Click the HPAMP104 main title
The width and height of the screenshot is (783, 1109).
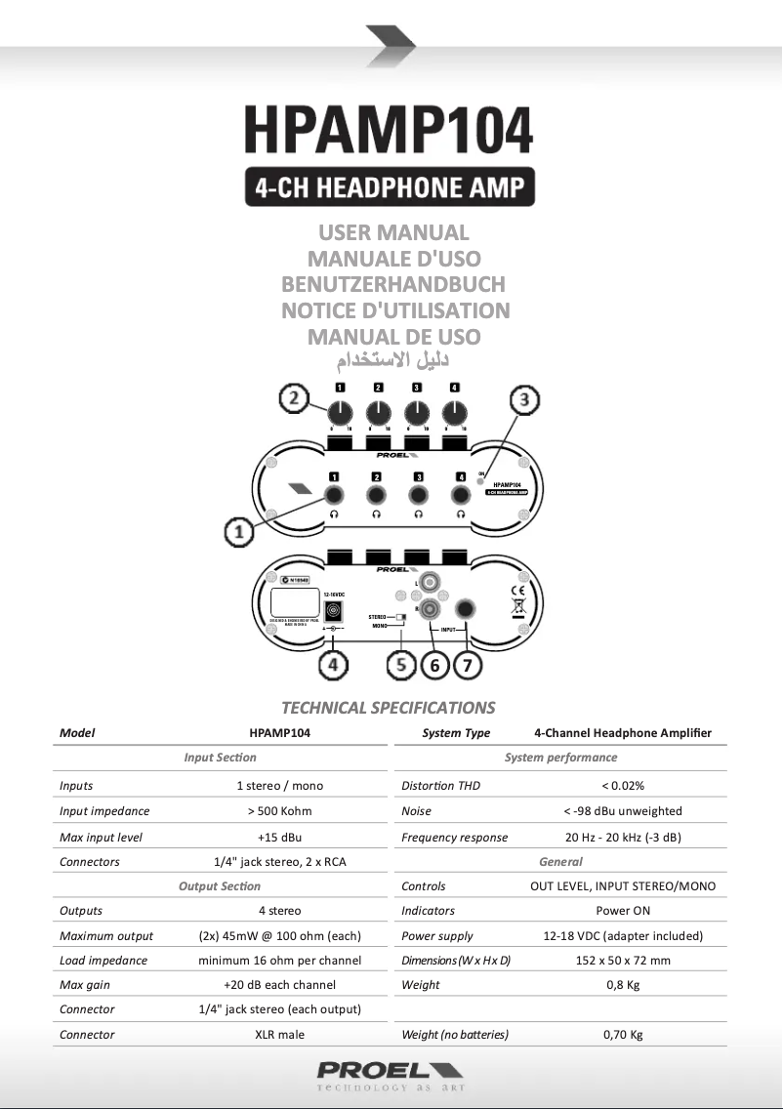click(x=389, y=129)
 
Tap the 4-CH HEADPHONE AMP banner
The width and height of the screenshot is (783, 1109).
click(x=390, y=186)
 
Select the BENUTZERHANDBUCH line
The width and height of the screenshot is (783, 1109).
click(x=393, y=285)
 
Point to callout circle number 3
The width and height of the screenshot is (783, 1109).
click(x=525, y=399)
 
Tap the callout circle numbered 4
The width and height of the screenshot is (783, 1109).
click(x=334, y=666)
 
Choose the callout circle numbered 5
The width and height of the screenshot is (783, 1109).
click(x=401, y=666)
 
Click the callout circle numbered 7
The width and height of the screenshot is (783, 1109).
click(x=469, y=666)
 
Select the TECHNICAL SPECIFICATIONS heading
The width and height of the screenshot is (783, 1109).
click(x=389, y=708)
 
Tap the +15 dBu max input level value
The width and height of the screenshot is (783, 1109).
click(x=279, y=837)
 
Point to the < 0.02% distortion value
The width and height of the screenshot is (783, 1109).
click(x=623, y=786)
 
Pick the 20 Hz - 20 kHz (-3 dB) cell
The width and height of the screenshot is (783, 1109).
click(x=623, y=837)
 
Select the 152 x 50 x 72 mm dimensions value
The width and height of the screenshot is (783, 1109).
click(x=623, y=961)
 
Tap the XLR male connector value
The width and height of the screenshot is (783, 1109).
click(x=279, y=1035)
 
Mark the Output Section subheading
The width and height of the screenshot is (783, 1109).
click(x=220, y=886)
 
